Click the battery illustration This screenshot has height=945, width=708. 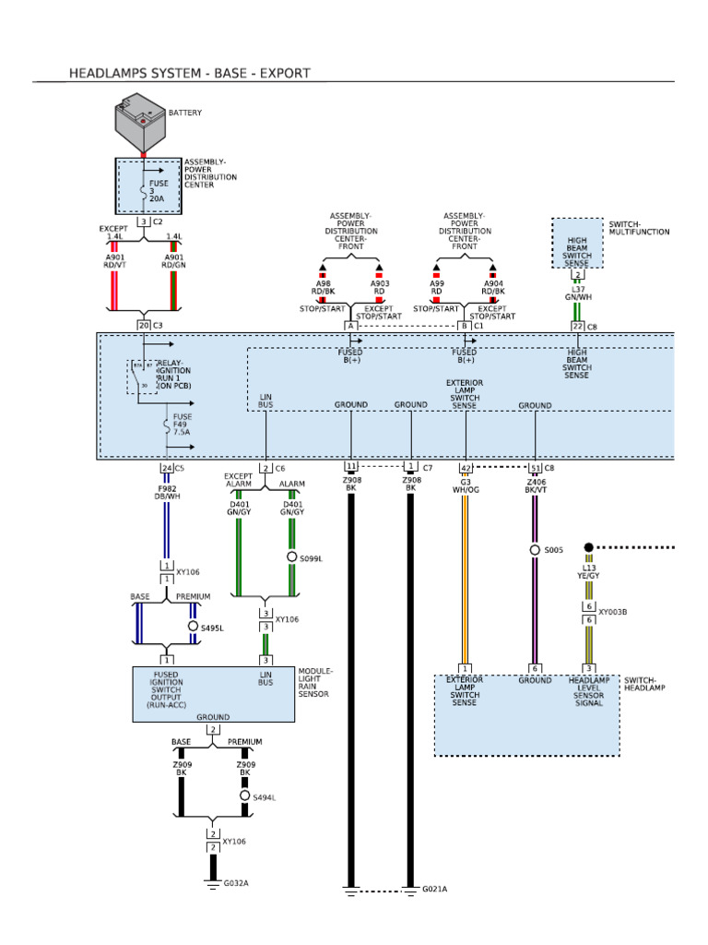click(x=143, y=124)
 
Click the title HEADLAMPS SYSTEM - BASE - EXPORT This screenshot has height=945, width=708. click(x=189, y=73)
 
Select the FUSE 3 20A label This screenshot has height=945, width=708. click(x=157, y=191)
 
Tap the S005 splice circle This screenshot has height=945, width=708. click(x=535, y=550)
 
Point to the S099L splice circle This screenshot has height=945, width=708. click(x=292, y=557)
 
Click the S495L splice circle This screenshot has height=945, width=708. click(x=194, y=627)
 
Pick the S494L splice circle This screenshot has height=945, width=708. click(x=245, y=795)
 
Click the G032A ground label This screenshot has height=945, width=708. click(x=236, y=883)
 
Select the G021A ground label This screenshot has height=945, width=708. click(x=434, y=890)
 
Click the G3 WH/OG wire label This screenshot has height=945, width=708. click(x=466, y=484)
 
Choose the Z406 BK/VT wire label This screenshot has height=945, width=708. click(x=535, y=484)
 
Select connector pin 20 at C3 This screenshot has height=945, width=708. click(x=143, y=325)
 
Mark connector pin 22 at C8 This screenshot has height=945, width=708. click(x=577, y=325)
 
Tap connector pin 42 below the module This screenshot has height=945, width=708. click(x=466, y=468)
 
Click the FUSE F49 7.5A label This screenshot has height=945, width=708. click(x=183, y=424)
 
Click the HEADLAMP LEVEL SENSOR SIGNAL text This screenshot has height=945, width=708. click(x=589, y=692)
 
